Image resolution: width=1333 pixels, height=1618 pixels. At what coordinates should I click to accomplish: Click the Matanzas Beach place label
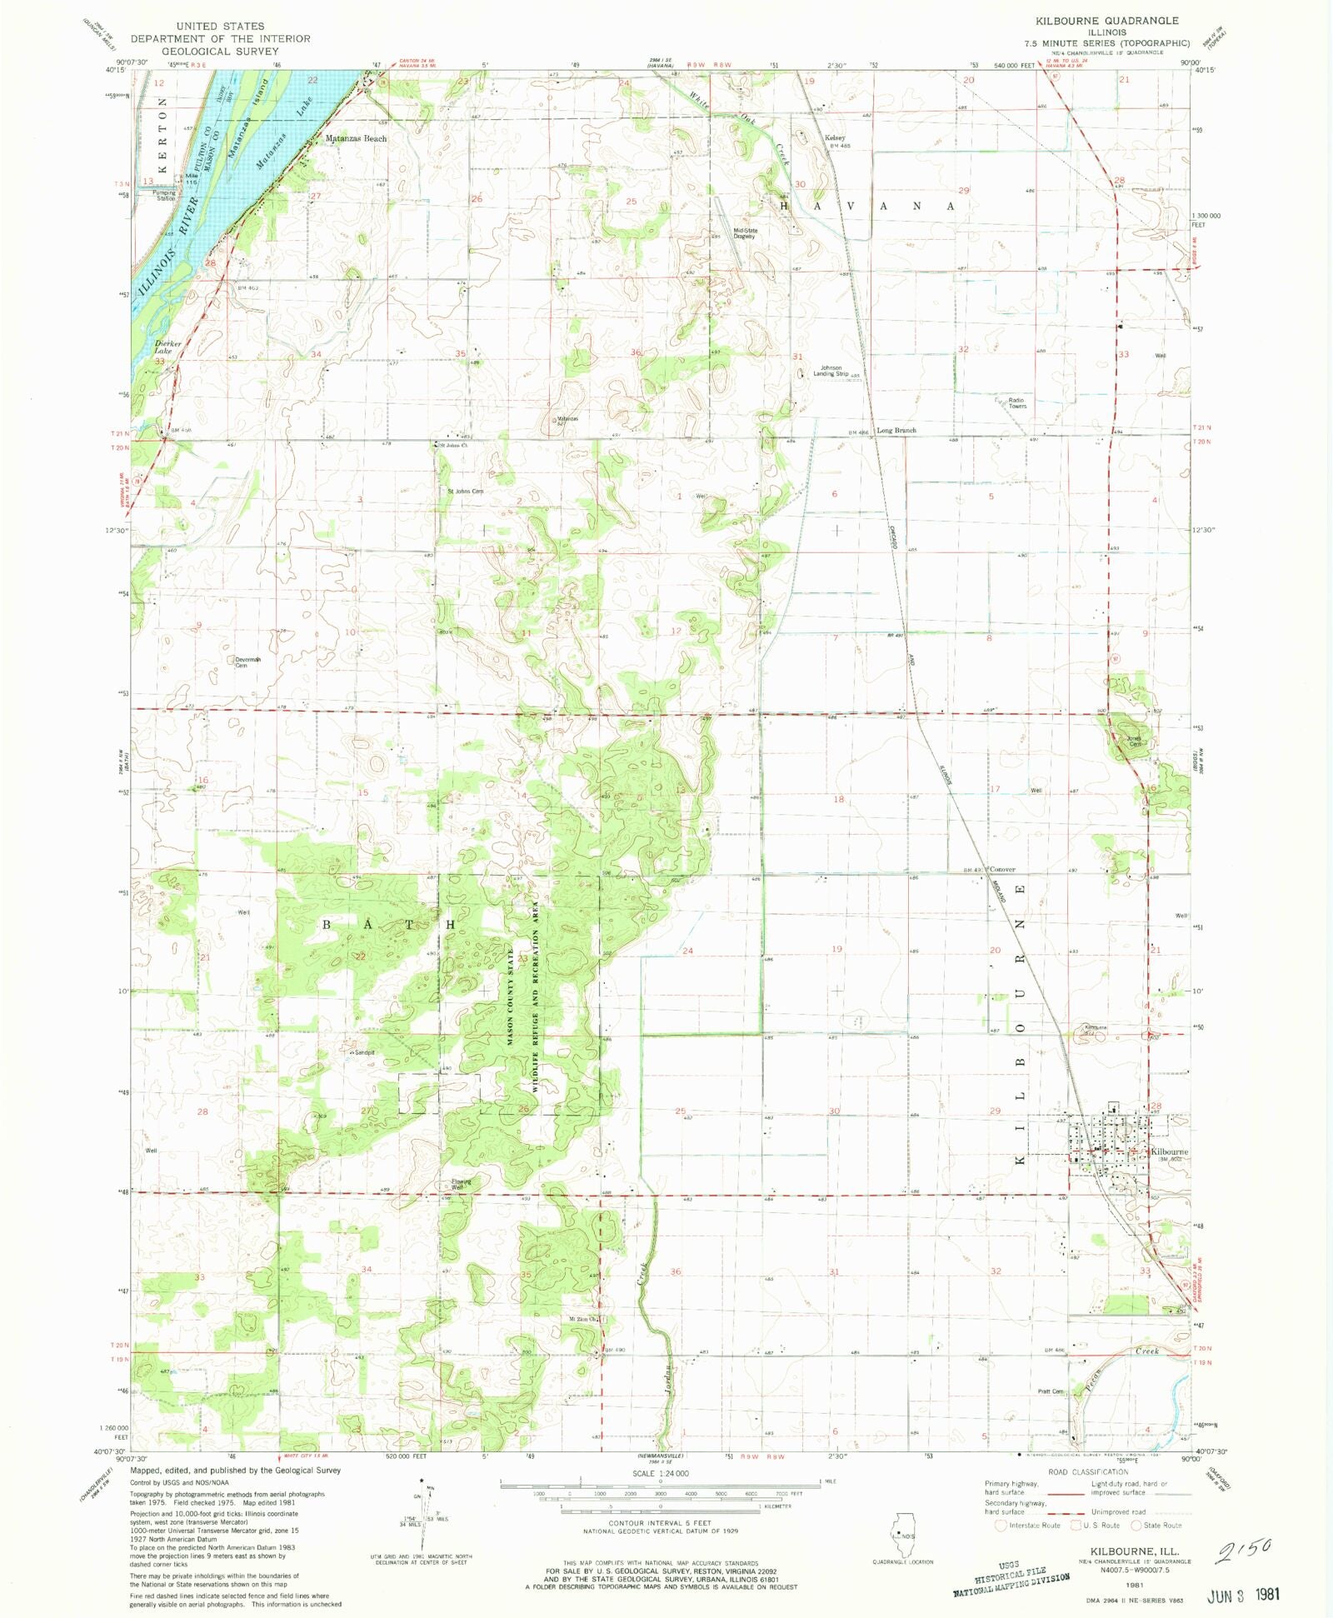click(356, 138)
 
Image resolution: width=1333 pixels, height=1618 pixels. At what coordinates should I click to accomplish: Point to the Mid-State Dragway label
click(744, 233)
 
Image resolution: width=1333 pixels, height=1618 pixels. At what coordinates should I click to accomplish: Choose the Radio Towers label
click(1017, 403)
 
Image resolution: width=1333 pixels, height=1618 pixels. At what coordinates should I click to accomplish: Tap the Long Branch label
click(896, 431)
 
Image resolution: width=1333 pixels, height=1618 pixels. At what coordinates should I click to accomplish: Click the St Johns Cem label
click(465, 492)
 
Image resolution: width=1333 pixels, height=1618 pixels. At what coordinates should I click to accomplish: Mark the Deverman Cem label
click(247, 662)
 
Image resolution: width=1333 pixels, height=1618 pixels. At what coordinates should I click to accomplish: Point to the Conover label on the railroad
click(1002, 869)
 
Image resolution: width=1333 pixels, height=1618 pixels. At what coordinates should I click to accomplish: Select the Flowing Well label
click(461, 1184)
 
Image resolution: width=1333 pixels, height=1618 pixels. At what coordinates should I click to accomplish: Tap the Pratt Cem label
click(1051, 1391)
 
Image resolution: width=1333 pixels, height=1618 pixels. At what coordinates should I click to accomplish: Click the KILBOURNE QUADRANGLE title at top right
click(1106, 20)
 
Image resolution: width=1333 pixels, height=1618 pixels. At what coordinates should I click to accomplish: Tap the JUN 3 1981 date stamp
click(1242, 1594)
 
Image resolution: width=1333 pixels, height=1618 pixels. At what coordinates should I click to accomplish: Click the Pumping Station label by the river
click(165, 196)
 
